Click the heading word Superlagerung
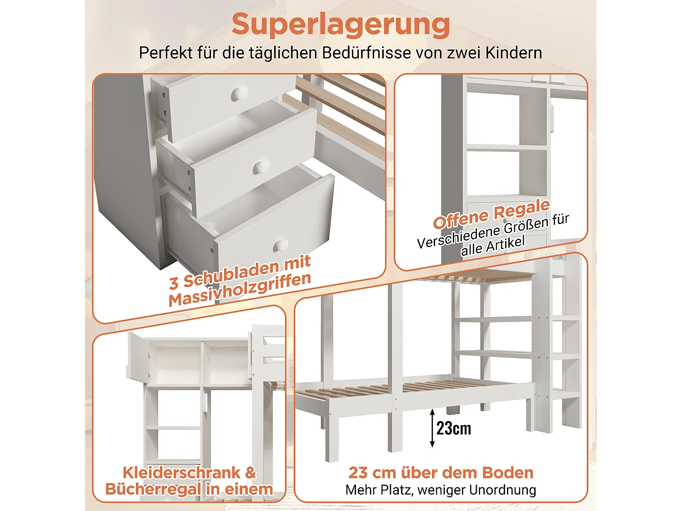coord(341,25)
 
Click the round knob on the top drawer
coord(241,93)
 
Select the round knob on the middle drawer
coord(261,167)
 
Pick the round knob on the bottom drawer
coord(281,246)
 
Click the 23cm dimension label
coord(454,428)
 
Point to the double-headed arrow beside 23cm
coord(432,428)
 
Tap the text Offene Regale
coord(491,213)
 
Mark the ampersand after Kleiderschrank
coord(251,473)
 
